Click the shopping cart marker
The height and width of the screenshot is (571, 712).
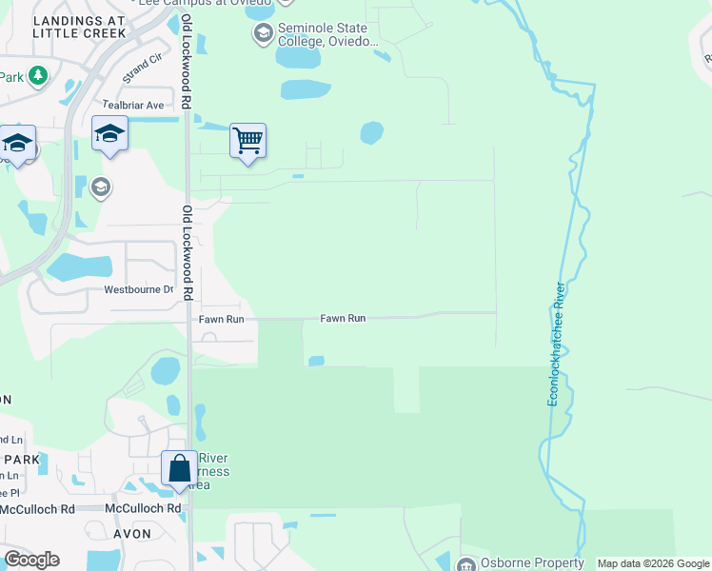click(247, 141)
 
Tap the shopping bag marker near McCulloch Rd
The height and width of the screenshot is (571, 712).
click(179, 468)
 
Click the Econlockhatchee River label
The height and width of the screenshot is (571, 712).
click(557, 344)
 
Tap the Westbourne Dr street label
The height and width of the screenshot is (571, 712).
click(139, 289)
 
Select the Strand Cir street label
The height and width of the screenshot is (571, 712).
click(143, 69)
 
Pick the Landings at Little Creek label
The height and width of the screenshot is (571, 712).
click(78, 26)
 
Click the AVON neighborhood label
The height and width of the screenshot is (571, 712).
click(131, 534)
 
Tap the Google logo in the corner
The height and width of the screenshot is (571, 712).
click(31, 560)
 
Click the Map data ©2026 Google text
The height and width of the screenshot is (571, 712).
click(652, 564)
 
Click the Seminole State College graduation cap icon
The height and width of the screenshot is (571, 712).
click(263, 34)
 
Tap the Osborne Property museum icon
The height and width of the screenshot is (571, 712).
click(466, 564)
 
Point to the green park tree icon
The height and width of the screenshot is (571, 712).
click(37, 74)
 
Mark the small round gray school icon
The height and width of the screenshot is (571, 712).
click(100, 187)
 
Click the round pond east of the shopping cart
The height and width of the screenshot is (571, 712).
click(371, 132)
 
